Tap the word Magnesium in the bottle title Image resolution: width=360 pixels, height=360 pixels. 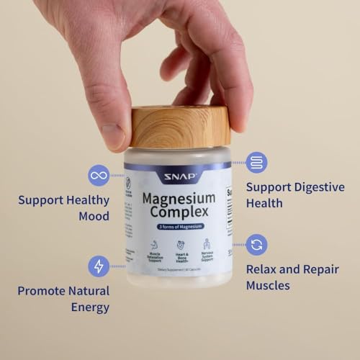pos(177,197)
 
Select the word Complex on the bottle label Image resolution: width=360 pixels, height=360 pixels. pos(177,213)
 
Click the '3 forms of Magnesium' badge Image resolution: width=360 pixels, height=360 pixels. pos(177,228)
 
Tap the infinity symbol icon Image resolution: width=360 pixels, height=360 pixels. pos(99,175)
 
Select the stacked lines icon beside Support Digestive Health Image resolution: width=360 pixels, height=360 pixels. pos(257,163)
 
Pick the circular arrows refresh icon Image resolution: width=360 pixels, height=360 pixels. pos(257,245)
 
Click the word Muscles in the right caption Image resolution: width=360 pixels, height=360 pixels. pos(268,286)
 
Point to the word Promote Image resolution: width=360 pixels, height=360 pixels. pos(44,291)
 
